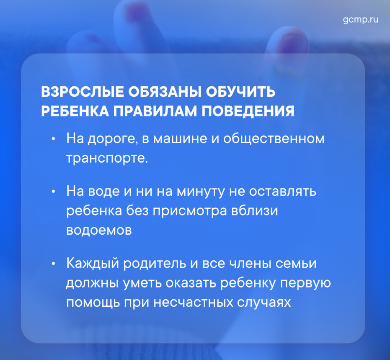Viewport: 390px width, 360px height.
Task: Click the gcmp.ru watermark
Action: click(x=360, y=20)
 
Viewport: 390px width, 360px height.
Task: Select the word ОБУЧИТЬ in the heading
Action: click(x=240, y=92)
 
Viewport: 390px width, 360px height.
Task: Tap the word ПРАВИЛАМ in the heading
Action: click(x=155, y=111)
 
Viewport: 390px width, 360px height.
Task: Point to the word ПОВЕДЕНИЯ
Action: click(x=248, y=111)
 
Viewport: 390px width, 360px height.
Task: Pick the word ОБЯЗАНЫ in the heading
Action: click(x=165, y=92)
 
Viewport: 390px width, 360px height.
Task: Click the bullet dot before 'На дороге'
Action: click(x=53, y=139)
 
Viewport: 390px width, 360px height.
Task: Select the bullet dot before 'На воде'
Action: click(x=53, y=192)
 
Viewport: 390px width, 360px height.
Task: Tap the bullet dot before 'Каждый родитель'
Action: click(x=53, y=264)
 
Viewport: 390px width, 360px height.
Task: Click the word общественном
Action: click(x=274, y=139)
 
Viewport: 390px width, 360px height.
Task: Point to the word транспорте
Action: click(x=107, y=158)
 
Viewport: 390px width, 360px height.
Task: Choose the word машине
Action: click(x=180, y=139)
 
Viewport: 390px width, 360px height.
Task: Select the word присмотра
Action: click(x=190, y=211)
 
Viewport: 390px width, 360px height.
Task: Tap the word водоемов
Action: click(x=99, y=230)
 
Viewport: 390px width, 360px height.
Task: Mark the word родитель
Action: click(x=155, y=264)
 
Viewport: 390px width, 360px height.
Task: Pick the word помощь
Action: click(x=93, y=303)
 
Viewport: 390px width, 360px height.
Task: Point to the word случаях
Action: click(x=263, y=303)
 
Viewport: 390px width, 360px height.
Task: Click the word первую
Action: click(x=305, y=283)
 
